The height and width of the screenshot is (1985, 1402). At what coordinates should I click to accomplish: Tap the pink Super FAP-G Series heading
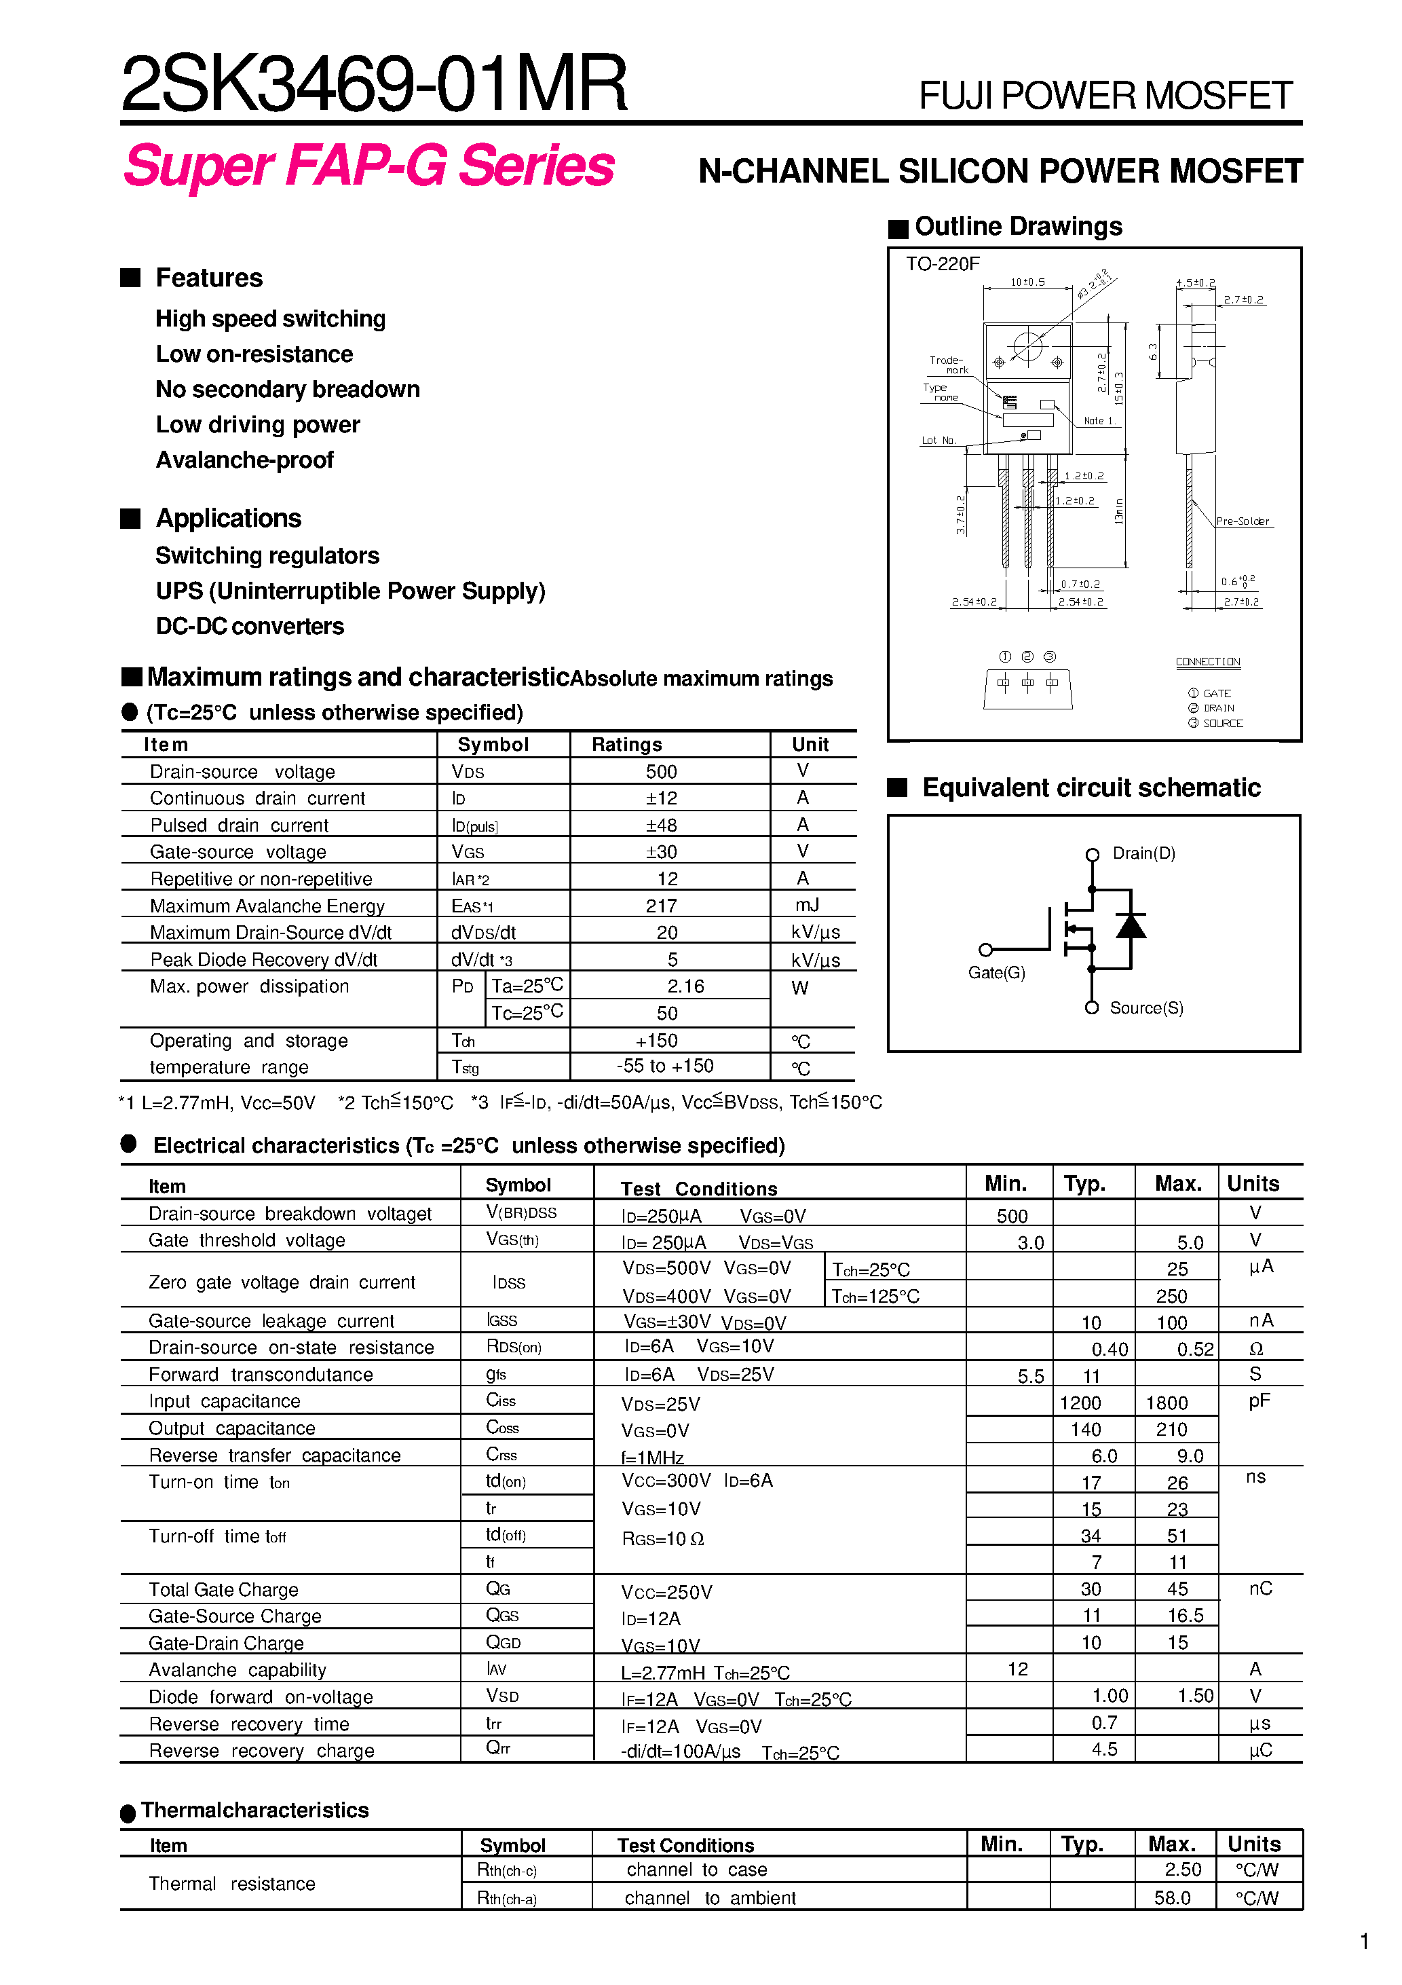pos(369,166)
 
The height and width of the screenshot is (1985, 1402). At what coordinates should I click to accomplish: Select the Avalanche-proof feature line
pos(244,460)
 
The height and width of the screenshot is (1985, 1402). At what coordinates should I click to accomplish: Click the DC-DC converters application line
pos(250,626)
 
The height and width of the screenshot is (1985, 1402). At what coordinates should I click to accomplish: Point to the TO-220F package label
pos(942,263)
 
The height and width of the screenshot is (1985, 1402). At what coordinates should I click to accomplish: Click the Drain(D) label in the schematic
pos(1143,853)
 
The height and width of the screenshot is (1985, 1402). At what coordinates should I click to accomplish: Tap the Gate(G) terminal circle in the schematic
pos(985,949)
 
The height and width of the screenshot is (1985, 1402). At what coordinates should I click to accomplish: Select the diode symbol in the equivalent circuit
pos(1131,926)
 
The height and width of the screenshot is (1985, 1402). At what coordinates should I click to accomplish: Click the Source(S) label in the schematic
pos(1146,1008)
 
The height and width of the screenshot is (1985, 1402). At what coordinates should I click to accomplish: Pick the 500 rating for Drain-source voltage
pos(661,771)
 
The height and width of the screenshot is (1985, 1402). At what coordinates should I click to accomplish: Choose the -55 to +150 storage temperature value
pos(665,1066)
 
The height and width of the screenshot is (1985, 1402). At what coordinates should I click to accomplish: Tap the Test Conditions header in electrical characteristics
pos(698,1189)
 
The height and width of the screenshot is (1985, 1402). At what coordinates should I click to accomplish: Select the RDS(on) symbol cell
pos(514,1347)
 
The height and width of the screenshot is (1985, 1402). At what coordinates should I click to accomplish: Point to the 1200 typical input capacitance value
pos(1080,1403)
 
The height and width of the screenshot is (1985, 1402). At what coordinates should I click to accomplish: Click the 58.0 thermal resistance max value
pos(1172,1897)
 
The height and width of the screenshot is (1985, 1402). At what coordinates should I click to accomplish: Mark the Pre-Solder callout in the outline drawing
pos(1242,521)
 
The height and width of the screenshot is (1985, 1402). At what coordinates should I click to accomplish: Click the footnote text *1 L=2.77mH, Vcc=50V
pos(217,1102)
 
